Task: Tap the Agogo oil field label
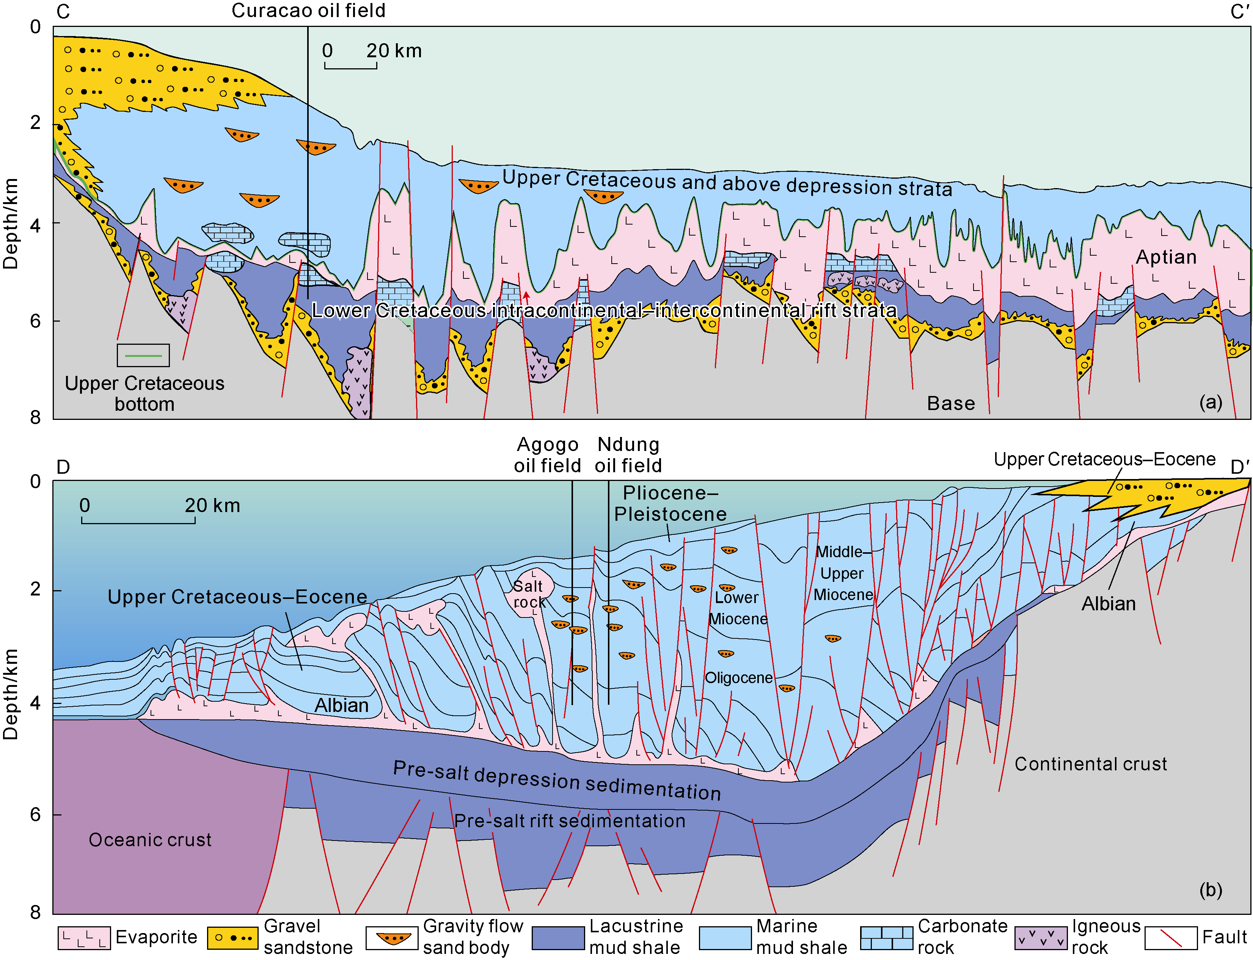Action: click(547, 455)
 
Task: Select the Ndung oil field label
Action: click(628, 455)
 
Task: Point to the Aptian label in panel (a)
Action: click(1165, 257)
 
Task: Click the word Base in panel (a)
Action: click(951, 404)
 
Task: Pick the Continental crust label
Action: click(1090, 764)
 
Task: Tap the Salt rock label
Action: click(529, 594)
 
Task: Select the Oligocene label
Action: click(738, 678)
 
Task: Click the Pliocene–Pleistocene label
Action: click(670, 503)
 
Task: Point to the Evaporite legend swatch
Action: click(83, 937)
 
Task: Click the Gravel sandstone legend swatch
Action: click(232, 937)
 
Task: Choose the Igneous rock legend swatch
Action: click(1041, 937)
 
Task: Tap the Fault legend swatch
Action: click(1171, 937)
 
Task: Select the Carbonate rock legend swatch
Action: click(886, 937)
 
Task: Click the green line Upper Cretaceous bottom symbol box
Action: click(143, 355)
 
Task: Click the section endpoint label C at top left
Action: click(63, 12)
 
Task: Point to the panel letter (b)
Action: click(1210, 890)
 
